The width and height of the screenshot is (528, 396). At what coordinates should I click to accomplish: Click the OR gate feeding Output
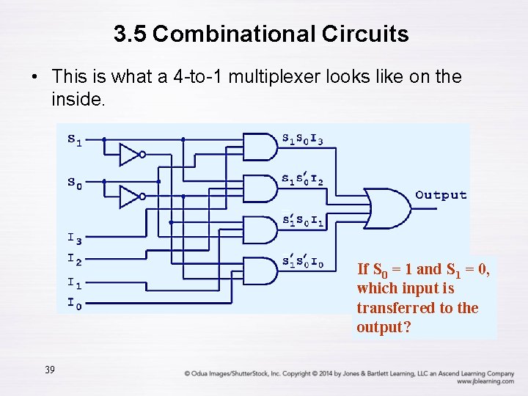[x=387, y=208]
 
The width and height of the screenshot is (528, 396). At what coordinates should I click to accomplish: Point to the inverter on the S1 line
[x=131, y=154]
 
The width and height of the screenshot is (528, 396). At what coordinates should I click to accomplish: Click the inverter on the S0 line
[x=131, y=197]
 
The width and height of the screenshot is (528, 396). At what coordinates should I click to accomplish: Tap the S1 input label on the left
[x=74, y=139]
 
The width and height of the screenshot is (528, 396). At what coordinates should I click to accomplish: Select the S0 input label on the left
[x=74, y=182]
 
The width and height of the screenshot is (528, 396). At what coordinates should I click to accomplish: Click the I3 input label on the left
[x=74, y=239]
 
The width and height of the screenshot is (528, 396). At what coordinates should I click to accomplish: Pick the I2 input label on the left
[x=74, y=258]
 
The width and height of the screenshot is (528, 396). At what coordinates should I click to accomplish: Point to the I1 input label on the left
[x=74, y=282]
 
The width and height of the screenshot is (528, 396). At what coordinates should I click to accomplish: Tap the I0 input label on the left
[x=74, y=301]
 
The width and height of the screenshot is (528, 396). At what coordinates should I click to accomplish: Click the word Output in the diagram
[x=441, y=195]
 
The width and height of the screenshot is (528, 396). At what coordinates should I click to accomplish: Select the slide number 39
[x=49, y=370]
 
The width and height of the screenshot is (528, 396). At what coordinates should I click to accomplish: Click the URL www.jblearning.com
[x=485, y=381]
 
